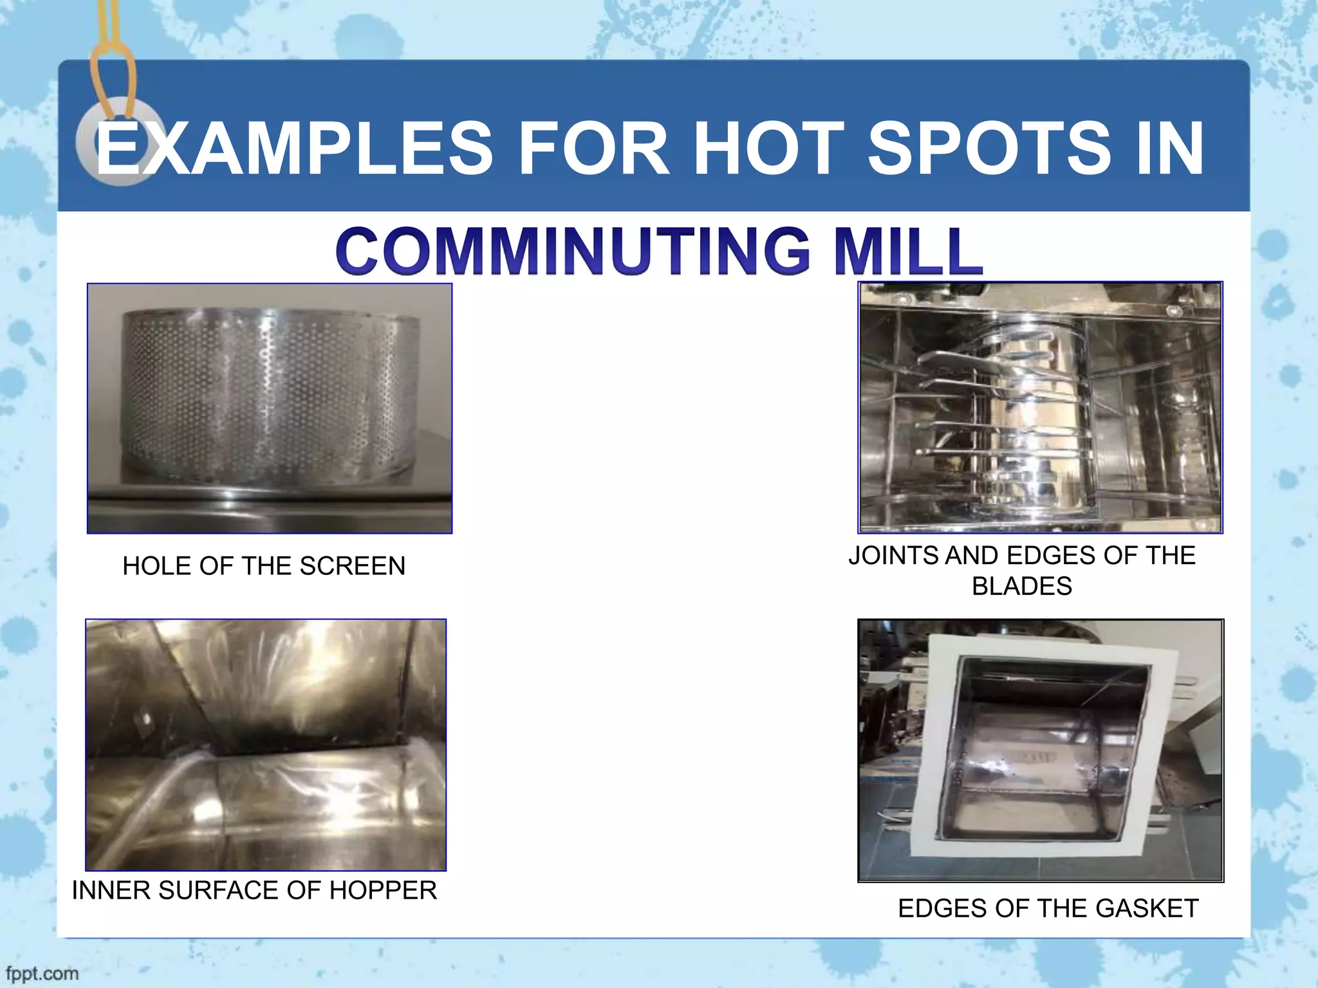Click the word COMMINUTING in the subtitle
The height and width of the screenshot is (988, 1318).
572,251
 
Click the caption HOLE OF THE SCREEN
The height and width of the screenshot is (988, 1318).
264,566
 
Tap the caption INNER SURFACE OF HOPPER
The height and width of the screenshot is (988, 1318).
254,890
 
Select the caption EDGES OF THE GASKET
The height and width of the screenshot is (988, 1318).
1048,908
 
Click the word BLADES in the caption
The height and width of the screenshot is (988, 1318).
1022,586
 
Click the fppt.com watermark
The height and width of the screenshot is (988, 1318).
40,973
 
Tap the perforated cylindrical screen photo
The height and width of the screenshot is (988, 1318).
269,408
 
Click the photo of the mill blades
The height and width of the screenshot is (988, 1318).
1040,408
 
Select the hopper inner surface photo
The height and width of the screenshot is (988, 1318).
266,745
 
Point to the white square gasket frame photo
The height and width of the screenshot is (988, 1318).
1041,750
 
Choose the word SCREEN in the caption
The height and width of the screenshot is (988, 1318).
352,566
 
